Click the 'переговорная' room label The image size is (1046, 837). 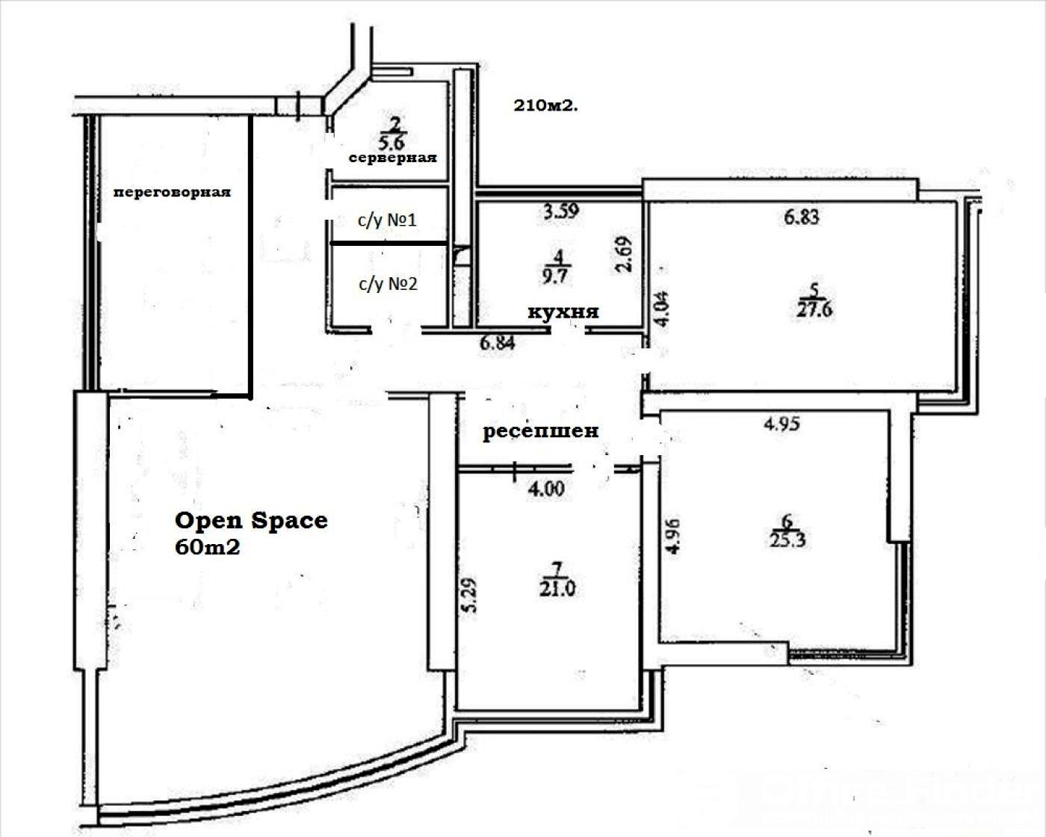[x=172, y=193]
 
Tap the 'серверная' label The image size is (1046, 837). [x=393, y=158]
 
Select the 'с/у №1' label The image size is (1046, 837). [x=387, y=220]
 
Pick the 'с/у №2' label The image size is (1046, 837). [x=389, y=283]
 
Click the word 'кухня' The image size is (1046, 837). [x=563, y=312]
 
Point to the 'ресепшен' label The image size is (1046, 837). [x=540, y=431]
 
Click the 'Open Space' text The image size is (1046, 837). [x=251, y=520]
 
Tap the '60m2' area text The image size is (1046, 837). [x=208, y=548]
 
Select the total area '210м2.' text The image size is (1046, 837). [x=546, y=105]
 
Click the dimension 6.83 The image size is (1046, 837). [x=802, y=217]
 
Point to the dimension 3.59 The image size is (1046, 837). [x=561, y=211]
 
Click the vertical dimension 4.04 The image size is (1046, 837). [x=661, y=309]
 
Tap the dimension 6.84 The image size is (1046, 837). [x=498, y=343]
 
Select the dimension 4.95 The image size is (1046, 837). [x=782, y=424]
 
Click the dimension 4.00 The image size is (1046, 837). [x=546, y=489]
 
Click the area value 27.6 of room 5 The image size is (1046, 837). [x=814, y=309]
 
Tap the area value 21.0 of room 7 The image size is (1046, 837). [x=557, y=589]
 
